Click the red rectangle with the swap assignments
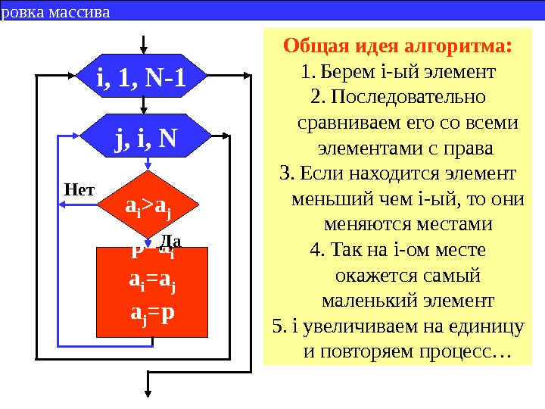tap(152, 292)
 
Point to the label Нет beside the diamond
tap(78, 189)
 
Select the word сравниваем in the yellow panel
tap(347, 123)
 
